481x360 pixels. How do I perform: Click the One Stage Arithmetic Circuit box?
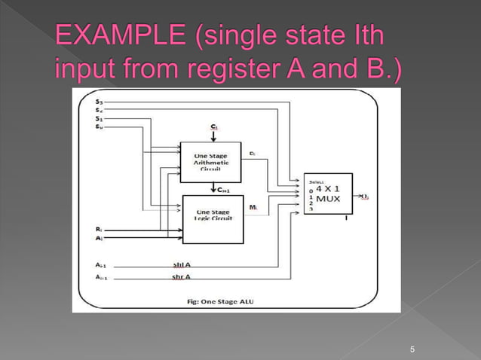210,161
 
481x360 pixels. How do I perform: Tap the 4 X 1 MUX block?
327,194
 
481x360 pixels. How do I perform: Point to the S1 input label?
100,118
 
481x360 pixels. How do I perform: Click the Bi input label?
100,228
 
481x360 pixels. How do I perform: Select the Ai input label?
100,238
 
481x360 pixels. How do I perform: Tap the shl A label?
181,264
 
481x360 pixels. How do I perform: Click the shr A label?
181,277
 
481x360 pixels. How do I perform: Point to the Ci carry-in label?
213,128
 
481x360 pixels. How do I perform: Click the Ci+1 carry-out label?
223,190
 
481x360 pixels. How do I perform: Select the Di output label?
252,153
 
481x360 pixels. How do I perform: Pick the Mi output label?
253,206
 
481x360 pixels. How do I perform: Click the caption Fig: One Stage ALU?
225,301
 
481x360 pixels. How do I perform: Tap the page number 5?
412,349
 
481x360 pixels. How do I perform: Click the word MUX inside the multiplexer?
328,199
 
